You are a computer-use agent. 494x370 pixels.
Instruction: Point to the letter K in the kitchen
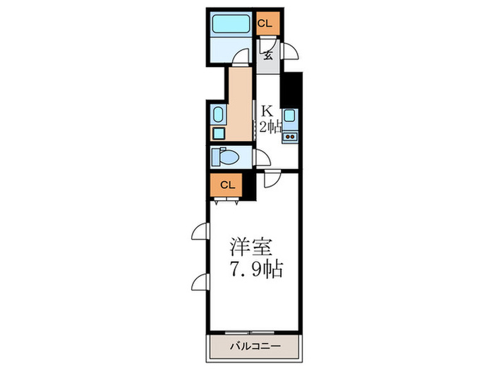coord(267,111)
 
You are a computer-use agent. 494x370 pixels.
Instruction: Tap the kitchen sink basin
coord(289,116)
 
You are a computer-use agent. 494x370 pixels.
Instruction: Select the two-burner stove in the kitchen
coord(289,136)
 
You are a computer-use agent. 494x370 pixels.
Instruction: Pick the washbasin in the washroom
coord(217,114)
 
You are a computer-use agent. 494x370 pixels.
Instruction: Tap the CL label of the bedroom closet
coord(227,185)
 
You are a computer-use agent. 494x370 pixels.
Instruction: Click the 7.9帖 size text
coord(255,269)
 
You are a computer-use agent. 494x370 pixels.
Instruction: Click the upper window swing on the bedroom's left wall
coord(200,232)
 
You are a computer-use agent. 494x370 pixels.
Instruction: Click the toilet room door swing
coord(261,159)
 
